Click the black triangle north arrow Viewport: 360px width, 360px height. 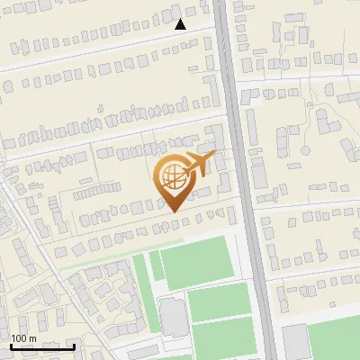tap(181, 24)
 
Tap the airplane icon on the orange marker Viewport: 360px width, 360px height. tap(198, 163)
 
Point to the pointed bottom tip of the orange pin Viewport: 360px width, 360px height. tap(173, 210)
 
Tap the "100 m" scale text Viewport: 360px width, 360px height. tap(23, 338)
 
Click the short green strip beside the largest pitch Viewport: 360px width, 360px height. tap(156, 265)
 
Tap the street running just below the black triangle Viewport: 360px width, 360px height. tap(135, 39)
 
